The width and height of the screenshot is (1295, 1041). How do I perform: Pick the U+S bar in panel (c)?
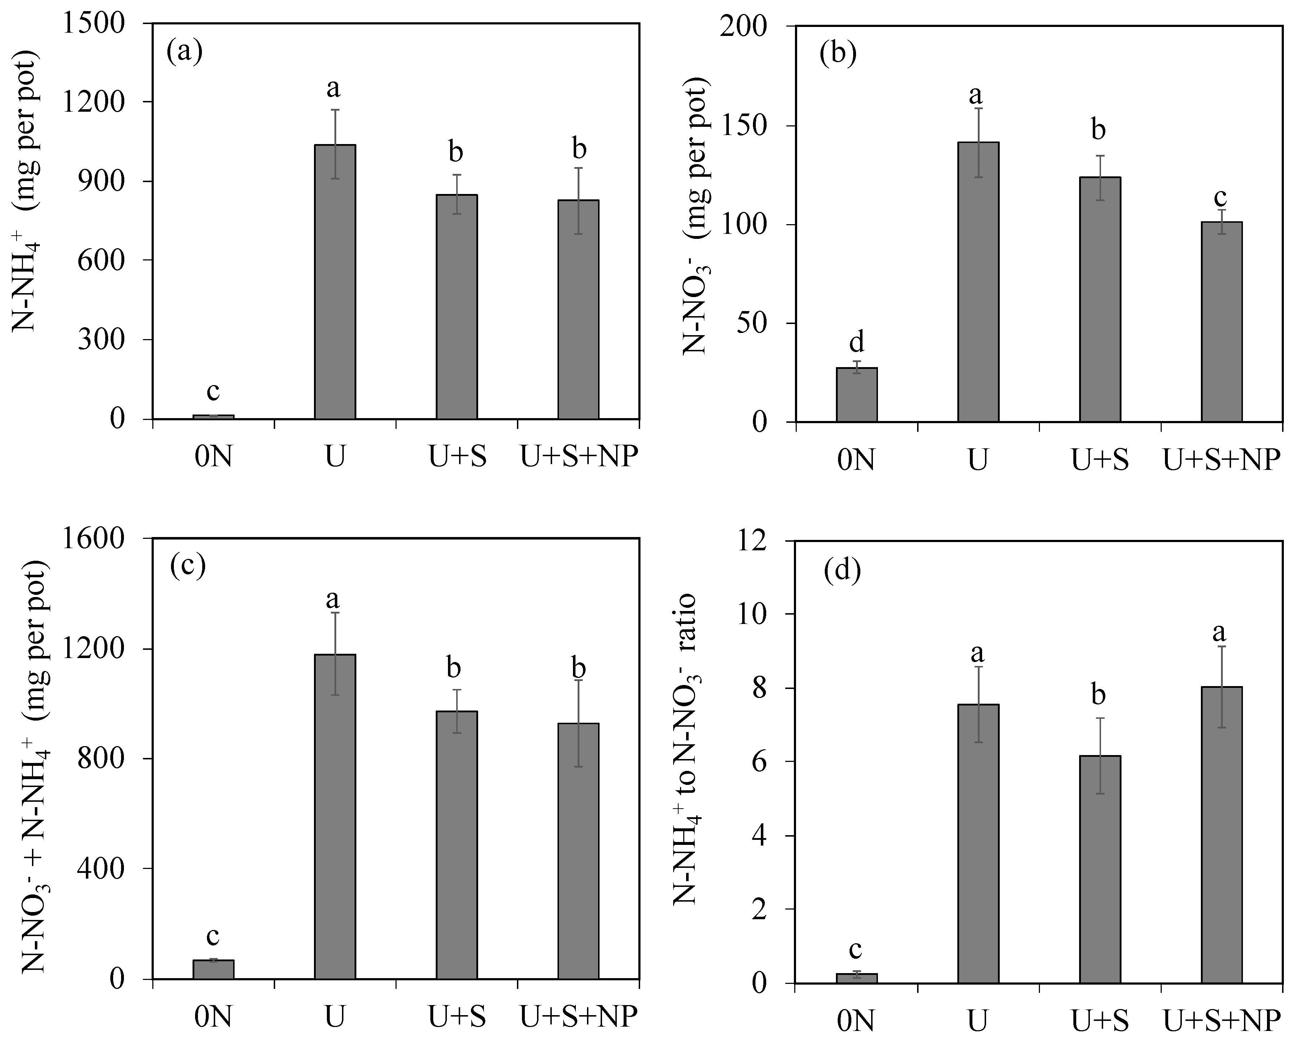(457, 845)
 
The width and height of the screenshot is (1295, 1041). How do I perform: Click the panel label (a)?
(184, 52)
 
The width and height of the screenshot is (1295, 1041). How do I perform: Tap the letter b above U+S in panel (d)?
(1099, 695)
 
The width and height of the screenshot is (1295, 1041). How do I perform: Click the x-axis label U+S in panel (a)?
(457, 458)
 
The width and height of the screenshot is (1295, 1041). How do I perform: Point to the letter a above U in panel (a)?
(333, 88)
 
